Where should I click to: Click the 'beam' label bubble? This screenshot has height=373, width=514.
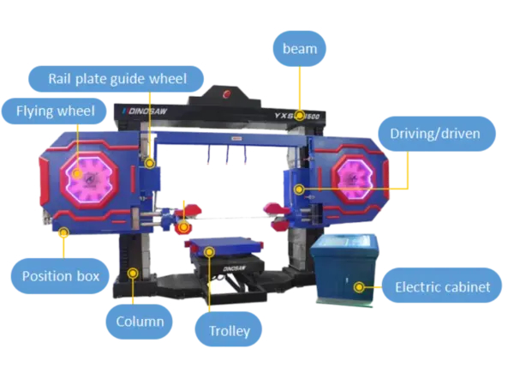[x=300, y=48]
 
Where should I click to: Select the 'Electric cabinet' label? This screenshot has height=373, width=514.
[x=442, y=287]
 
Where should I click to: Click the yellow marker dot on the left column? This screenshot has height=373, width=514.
[x=133, y=273]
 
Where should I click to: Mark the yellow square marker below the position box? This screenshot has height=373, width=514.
[x=65, y=231]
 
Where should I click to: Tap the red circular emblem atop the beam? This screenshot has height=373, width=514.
[x=226, y=95]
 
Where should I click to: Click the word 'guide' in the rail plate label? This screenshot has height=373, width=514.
[x=127, y=77]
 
